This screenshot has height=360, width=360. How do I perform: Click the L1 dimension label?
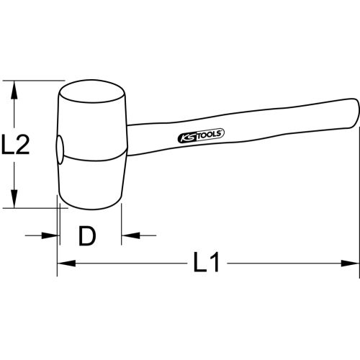click(207, 264)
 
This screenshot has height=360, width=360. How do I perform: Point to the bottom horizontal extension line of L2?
click(29, 209)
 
